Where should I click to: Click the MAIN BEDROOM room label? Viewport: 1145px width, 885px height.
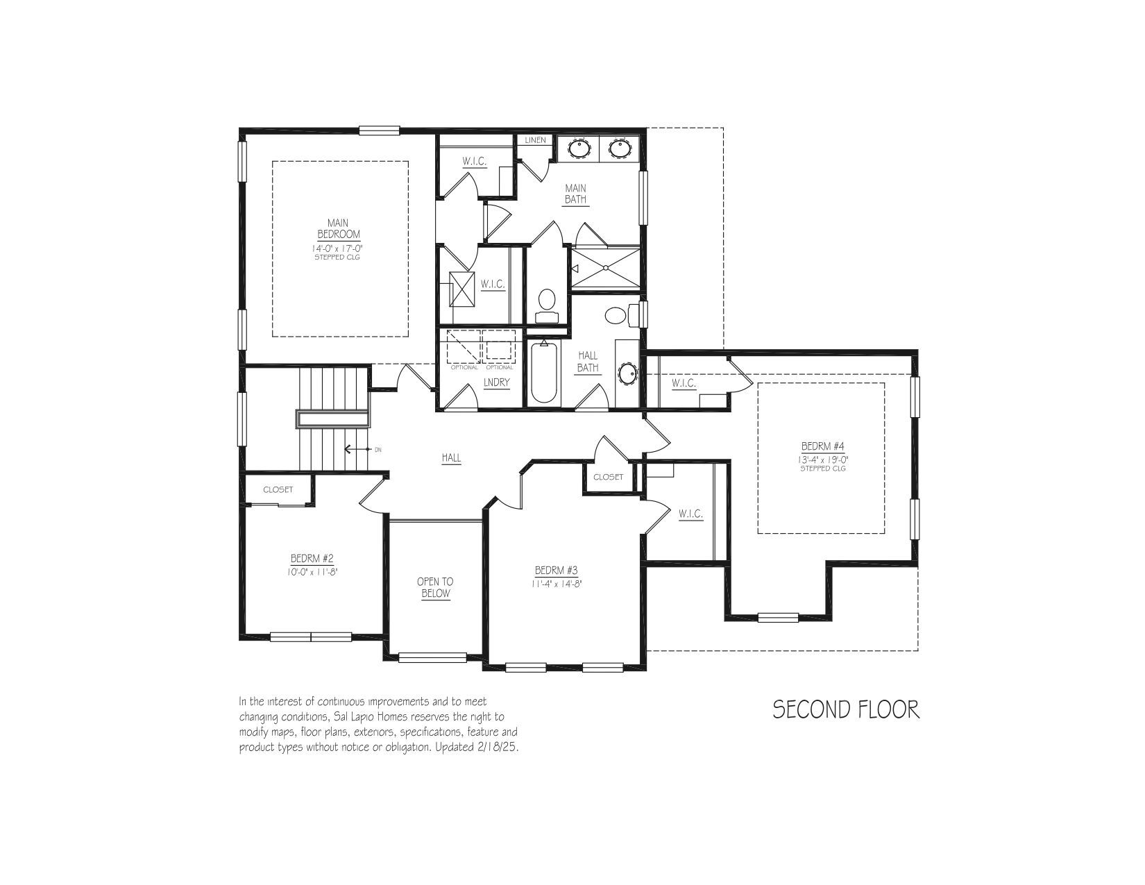(x=338, y=229)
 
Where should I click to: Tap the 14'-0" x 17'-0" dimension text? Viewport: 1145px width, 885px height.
(x=338, y=248)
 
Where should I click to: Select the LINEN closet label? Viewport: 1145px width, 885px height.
(x=535, y=140)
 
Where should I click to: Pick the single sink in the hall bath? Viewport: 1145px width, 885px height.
(x=627, y=374)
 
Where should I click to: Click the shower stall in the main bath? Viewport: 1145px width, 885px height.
(x=606, y=269)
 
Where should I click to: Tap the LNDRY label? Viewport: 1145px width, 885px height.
(x=496, y=382)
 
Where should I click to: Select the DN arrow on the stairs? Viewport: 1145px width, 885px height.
(x=358, y=450)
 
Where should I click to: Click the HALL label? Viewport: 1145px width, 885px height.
(x=452, y=458)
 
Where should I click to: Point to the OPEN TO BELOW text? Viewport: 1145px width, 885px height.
(x=435, y=588)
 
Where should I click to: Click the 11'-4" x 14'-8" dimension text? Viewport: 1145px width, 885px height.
(x=557, y=584)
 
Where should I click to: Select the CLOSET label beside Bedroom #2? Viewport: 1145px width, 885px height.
(x=278, y=489)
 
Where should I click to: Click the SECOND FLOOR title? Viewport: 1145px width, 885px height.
(x=846, y=709)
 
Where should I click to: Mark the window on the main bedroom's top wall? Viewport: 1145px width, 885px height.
(x=380, y=130)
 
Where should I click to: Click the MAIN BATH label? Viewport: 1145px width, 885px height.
(x=575, y=194)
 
